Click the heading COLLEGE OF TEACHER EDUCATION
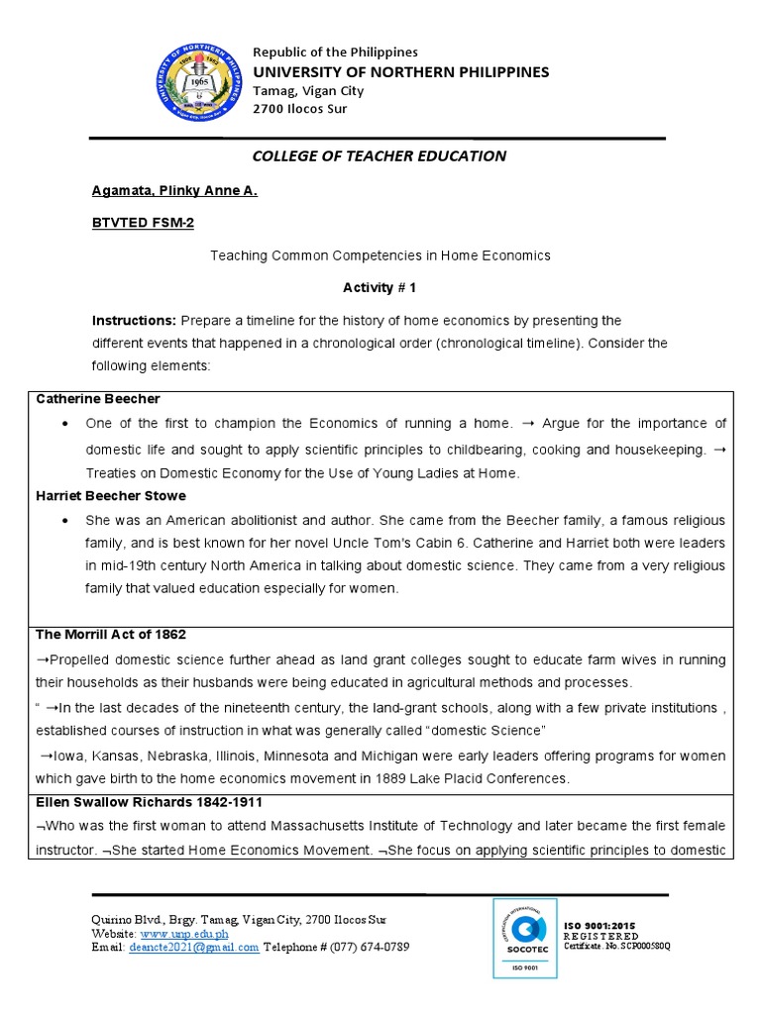(380, 155)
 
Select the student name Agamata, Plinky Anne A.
(174, 190)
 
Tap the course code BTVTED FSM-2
(143, 223)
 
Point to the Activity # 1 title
(380, 287)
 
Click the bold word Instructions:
(134, 320)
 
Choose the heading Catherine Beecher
(97, 398)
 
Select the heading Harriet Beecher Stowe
(111, 495)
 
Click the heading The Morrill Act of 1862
(111, 634)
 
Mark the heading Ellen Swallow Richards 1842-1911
(149, 801)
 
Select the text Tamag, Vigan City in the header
(308, 90)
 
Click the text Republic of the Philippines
(335, 51)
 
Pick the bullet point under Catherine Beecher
(64, 424)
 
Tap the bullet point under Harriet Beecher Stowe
(64, 521)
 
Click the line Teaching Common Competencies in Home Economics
(380, 255)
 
